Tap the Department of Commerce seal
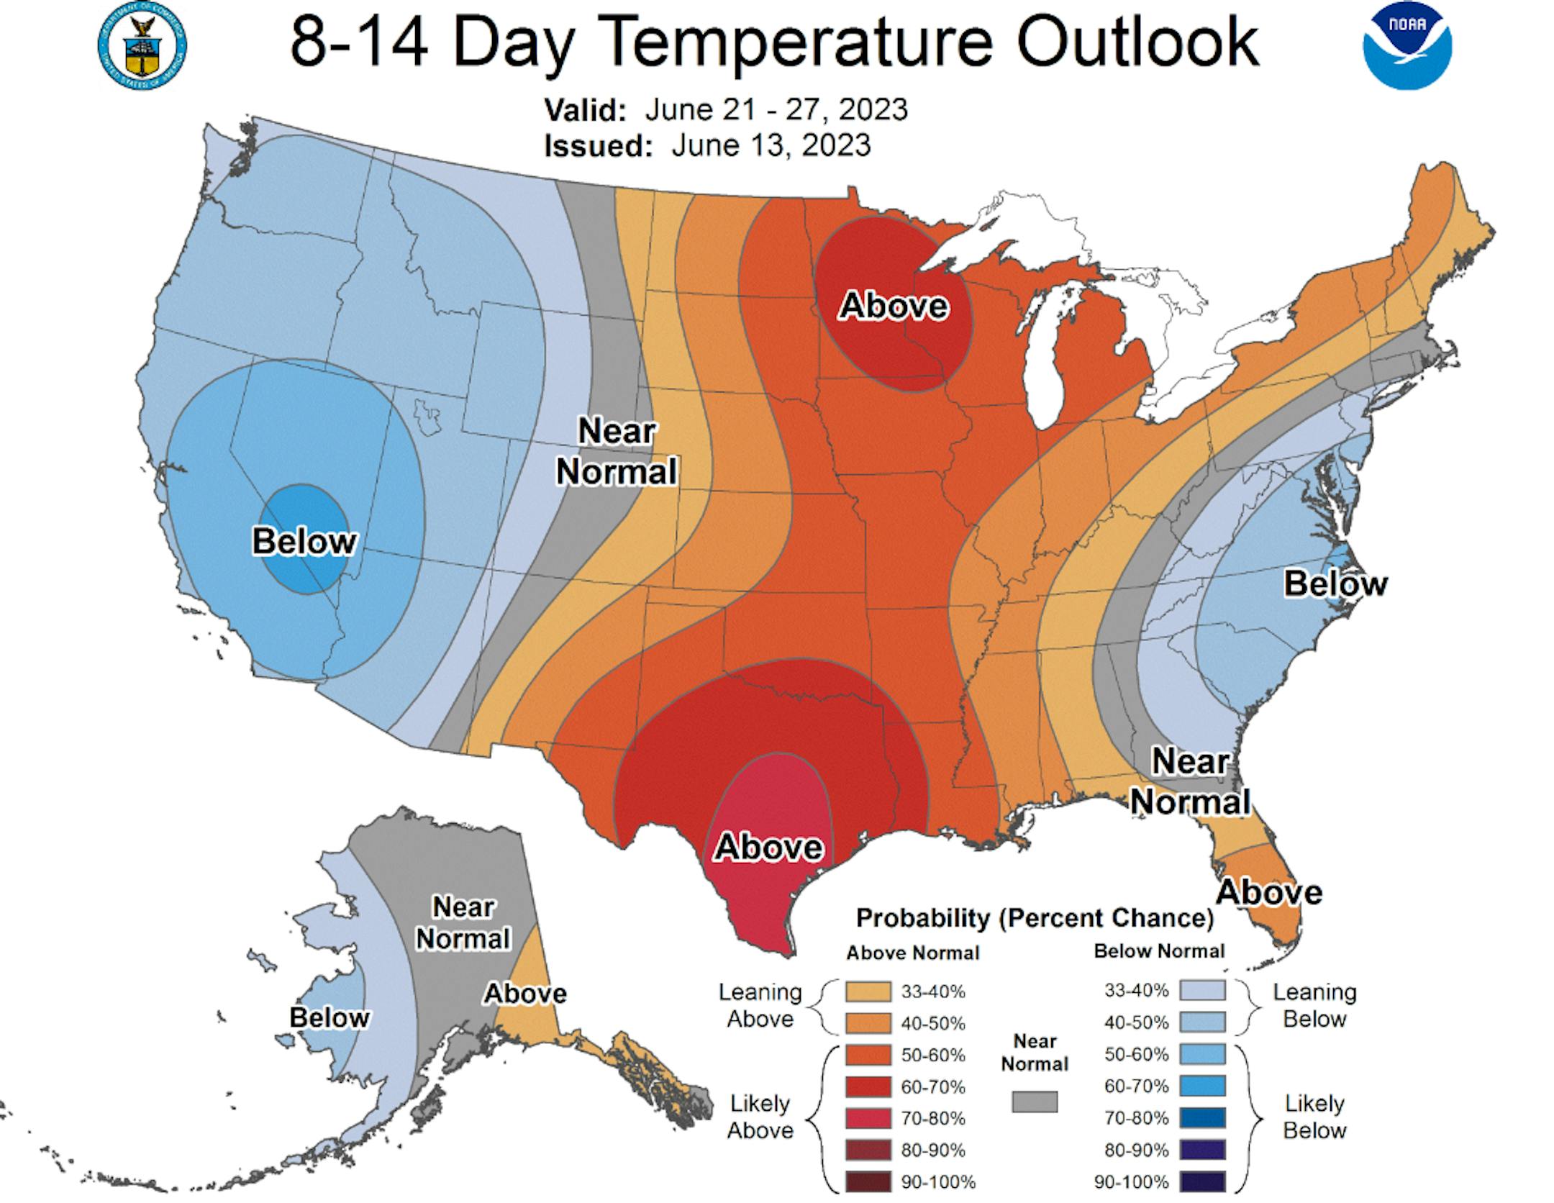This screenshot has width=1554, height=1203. pos(142,45)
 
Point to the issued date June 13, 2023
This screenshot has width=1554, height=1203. pos(771,145)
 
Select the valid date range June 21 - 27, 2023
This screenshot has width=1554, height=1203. pos(776,109)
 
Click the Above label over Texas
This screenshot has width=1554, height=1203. pos(768,847)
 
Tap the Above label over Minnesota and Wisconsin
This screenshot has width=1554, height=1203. pos(894,306)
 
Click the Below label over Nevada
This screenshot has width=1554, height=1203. pos(304,541)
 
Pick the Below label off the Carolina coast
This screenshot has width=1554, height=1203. pos(1335,584)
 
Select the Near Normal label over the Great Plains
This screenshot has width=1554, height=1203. pos(617,452)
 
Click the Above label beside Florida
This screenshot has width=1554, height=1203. pos(1269,892)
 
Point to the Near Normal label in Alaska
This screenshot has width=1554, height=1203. pos(463,923)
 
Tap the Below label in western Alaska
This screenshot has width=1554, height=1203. pos(329,1017)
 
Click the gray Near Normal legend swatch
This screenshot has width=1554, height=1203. pos(1035,1102)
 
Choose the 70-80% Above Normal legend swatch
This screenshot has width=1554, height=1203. pos(869,1118)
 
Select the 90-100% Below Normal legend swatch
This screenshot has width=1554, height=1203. pos(1203,1181)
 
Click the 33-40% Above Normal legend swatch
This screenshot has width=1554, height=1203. pos(869,992)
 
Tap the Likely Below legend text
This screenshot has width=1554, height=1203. pos(1314,1117)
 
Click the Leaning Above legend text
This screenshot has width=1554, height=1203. pos(760,1005)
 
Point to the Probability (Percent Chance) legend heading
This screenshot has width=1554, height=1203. pos(1035,918)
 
